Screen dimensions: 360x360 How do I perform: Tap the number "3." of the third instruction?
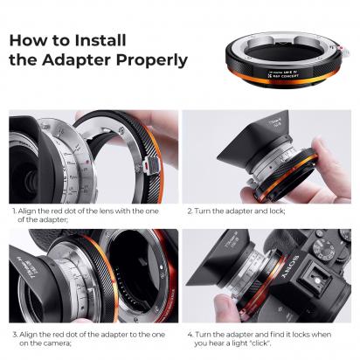15,335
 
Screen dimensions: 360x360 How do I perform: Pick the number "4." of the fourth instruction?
189,335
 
